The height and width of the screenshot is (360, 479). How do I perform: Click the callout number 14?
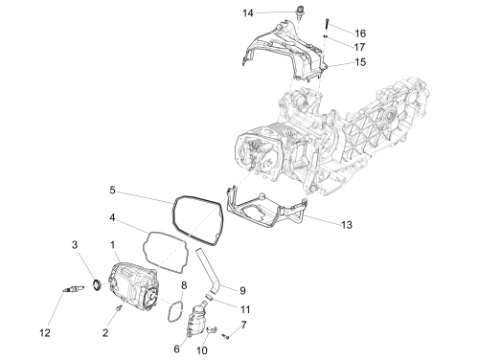point(248,13)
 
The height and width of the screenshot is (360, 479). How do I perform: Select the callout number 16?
point(360,34)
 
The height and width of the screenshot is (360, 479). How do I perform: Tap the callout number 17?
point(359,47)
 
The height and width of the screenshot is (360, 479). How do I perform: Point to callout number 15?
point(360,62)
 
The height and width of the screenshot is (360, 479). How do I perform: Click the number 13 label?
point(347,225)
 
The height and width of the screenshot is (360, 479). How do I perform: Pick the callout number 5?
point(112,191)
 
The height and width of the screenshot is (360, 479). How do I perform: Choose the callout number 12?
point(45,333)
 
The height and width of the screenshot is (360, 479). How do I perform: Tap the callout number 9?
point(242,291)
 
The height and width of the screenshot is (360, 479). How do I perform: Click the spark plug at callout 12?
point(74,289)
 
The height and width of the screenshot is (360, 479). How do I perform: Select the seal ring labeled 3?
point(97,285)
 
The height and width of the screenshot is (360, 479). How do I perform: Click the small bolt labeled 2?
point(119,307)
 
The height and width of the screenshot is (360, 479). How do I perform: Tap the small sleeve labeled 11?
point(209,297)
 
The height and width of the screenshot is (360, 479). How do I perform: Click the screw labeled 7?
point(226,336)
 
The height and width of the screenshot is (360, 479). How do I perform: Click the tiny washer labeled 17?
point(326,36)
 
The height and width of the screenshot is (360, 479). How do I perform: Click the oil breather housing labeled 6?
point(196,320)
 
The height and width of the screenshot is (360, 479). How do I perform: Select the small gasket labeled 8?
point(169,310)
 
